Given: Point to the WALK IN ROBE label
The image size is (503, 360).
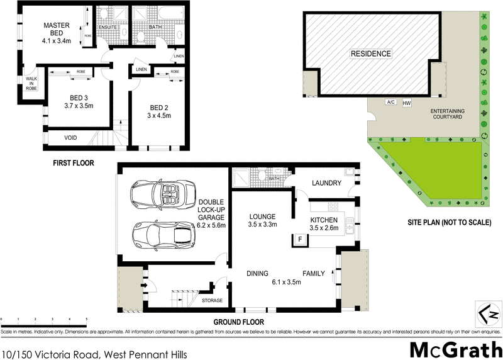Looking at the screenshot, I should point(30,84).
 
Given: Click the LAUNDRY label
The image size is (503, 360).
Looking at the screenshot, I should point(326,183).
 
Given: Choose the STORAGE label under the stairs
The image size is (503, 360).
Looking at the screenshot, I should point(212,301).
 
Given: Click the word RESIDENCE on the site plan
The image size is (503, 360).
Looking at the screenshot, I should point(370,54).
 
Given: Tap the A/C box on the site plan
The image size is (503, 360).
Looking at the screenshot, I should point(390,102).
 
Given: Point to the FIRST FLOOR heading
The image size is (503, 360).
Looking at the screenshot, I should point(73,163).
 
